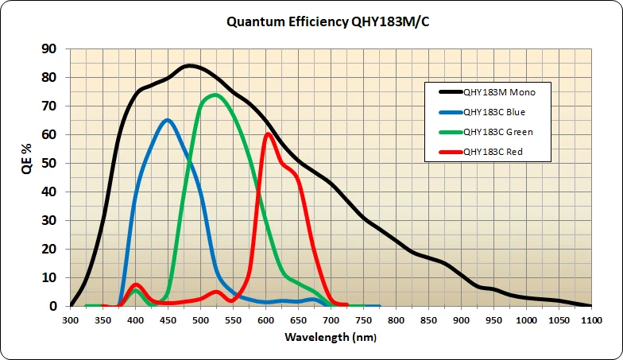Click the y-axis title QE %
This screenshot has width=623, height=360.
[x=26, y=177]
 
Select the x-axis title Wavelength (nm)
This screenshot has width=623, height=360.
[x=331, y=337]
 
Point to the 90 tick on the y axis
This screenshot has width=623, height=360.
[x=48, y=49]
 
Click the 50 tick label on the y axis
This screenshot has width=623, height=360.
[x=48, y=163]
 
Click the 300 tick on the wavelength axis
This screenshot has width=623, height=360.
[x=71, y=319]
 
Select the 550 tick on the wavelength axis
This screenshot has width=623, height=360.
[x=234, y=319]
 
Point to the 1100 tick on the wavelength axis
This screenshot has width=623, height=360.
[x=591, y=319]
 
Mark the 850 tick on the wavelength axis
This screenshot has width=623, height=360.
[x=429, y=319]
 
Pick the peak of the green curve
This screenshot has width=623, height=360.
[x=215, y=95]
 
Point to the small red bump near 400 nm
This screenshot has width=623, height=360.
[x=136, y=285]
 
